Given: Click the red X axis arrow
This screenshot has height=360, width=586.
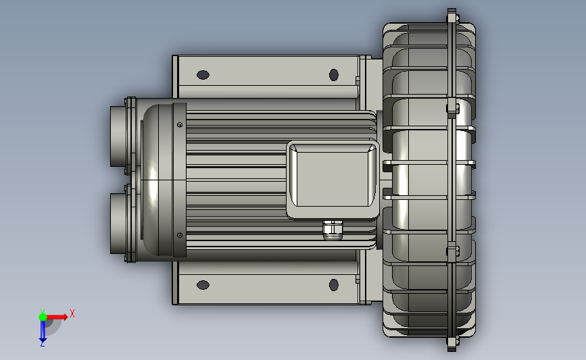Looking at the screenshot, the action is click(x=56, y=317).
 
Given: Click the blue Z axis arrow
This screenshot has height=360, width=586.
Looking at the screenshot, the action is click(x=43, y=330).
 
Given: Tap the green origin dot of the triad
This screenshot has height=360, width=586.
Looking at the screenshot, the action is click(x=43, y=317).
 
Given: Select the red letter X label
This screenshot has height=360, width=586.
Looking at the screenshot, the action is click(x=72, y=313).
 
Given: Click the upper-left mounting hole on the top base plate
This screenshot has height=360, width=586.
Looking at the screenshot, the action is click(x=203, y=75).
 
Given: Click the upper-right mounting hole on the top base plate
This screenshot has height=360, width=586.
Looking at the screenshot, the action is click(x=334, y=75).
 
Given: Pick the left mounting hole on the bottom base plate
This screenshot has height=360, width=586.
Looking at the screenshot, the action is click(x=203, y=285).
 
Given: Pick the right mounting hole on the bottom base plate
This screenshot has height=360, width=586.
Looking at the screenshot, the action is click(x=334, y=285).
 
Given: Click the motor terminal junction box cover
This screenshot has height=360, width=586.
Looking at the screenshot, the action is click(x=333, y=179).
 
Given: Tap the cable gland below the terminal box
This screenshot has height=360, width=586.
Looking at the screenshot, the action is click(x=333, y=230).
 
